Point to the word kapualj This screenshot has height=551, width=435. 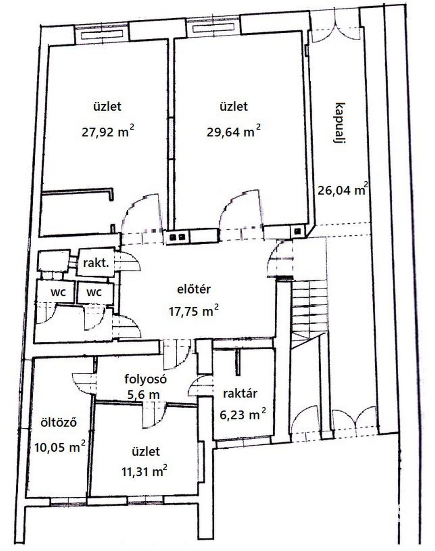[x=340, y=123]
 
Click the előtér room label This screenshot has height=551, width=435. [x=194, y=289]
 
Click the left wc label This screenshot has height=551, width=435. [x=58, y=292]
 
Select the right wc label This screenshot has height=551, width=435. [x=94, y=292]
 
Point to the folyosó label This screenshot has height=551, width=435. [x=145, y=380]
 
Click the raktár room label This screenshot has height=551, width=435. [x=240, y=394]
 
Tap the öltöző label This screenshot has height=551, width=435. [x=58, y=422]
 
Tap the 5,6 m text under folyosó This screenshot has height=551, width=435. [x=143, y=395]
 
